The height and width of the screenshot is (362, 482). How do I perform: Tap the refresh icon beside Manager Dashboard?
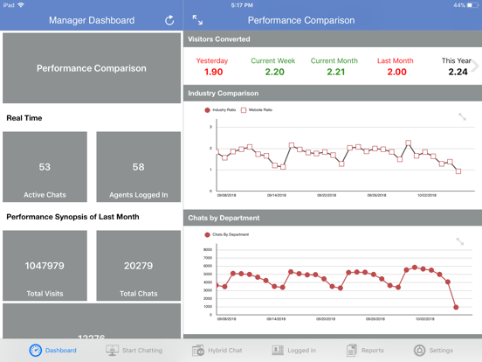pos(169,20)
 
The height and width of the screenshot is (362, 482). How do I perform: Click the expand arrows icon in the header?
pos(197,20)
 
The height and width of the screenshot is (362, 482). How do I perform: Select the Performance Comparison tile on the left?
pos(92,68)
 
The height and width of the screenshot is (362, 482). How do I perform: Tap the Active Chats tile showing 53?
pos(45,167)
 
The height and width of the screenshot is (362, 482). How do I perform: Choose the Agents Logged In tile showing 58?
pos(138,167)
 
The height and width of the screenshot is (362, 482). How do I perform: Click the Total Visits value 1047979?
pos(45,266)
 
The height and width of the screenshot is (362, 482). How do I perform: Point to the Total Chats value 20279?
pos(138,266)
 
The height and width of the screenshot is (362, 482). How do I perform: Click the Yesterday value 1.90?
pos(212,73)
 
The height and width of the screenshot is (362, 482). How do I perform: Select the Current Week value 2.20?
pos(274,73)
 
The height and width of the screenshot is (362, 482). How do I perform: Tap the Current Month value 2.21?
pos(334,73)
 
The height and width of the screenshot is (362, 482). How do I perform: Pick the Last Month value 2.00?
pos(396,73)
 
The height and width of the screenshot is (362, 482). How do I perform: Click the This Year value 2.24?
pos(457,73)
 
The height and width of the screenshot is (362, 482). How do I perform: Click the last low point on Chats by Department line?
pos(457,307)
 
